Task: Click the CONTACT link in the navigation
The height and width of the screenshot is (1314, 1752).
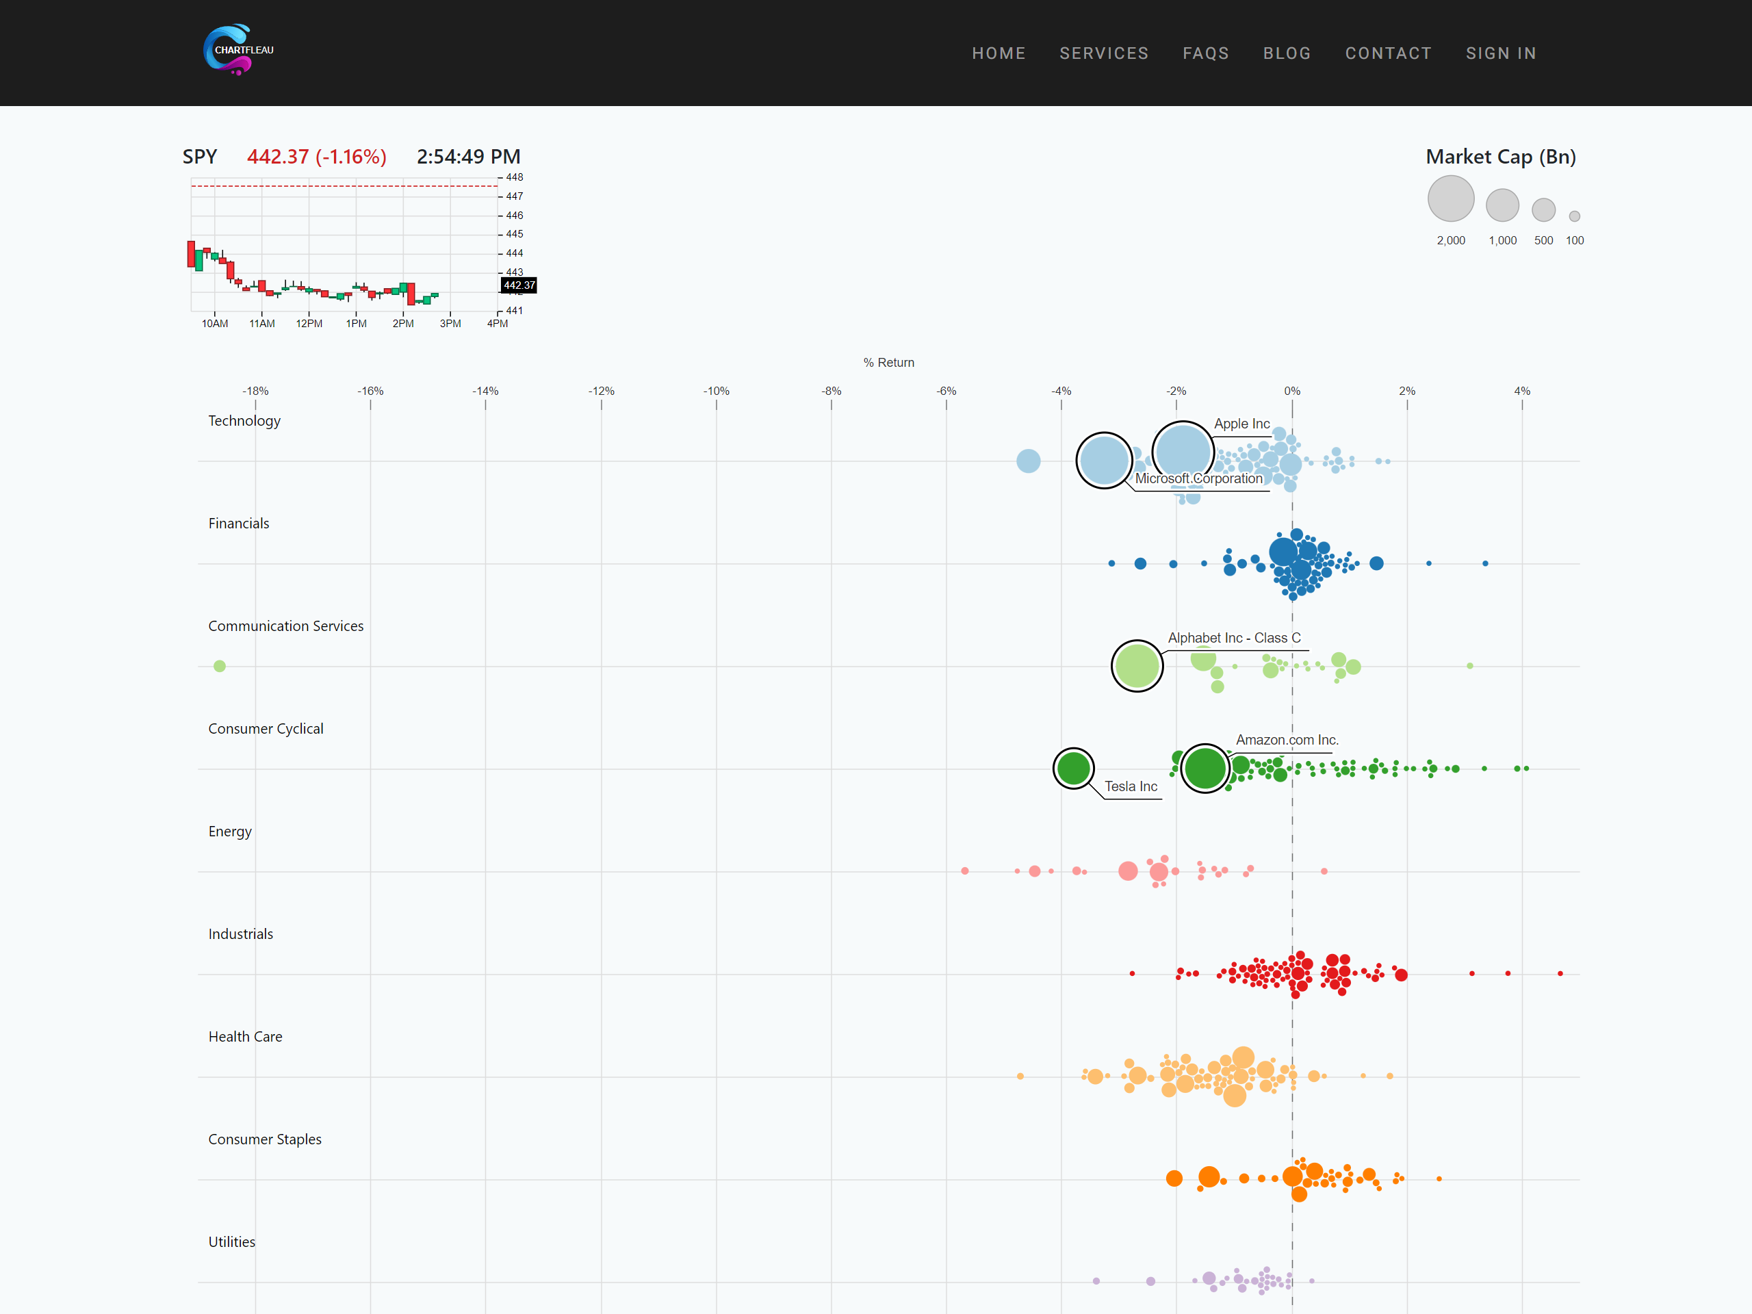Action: tap(1388, 53)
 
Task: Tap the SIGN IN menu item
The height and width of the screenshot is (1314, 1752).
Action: tap(1500, 53)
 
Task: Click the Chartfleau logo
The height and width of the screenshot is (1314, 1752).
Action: tap(237, 50)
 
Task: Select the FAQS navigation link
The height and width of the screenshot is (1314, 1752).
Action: tap(1205, 53)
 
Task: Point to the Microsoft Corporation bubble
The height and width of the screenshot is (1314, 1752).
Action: tap(1104, 460)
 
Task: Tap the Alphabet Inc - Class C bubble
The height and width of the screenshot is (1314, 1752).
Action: tap(1137, 666)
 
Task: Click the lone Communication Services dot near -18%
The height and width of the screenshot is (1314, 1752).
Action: tap(220, 666)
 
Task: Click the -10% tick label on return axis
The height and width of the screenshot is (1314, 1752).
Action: tap(716, 391)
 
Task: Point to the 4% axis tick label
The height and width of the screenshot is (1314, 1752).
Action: tap(1521, 391)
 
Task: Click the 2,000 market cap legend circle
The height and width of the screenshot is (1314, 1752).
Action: tap(1450, 198)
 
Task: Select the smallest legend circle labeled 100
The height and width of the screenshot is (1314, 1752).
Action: tap(1575, 216)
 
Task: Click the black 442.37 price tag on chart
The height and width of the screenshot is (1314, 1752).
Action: tap(519, 285)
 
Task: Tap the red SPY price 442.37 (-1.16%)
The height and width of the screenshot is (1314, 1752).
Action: tap(317, 157)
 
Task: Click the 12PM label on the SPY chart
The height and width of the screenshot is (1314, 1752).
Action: tap(309, 323)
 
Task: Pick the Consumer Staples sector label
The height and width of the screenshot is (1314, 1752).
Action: tap(265, 1139)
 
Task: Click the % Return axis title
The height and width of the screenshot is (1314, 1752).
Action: tap(888, 363)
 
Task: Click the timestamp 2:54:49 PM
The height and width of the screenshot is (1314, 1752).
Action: tap(468, 157)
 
